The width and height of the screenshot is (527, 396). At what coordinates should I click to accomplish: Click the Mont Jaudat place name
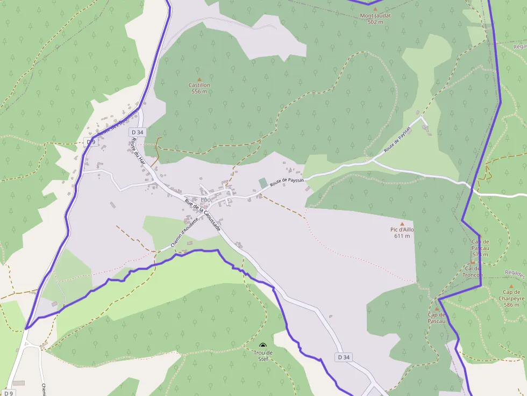point(375,16)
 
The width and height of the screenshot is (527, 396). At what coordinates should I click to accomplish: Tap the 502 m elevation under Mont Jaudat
point(375,22)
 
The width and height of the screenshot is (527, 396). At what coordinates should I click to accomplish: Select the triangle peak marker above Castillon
point(199,78)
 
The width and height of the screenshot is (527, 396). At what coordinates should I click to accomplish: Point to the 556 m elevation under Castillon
point(199,91)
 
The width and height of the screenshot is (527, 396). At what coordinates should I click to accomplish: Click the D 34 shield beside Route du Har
point(137,132)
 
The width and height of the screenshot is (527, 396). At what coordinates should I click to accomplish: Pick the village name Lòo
point(205,200)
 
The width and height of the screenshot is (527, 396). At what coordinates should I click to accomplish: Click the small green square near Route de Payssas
point(263,183)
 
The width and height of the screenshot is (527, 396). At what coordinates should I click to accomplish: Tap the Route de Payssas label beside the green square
point(287,183)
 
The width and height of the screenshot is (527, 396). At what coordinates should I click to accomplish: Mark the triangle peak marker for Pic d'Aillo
point(402,224)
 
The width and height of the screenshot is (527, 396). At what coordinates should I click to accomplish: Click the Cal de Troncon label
point(473,271)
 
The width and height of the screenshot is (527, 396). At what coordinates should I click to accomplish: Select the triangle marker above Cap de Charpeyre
point(511,286)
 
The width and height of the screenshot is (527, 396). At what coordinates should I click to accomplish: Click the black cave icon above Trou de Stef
point(262,346)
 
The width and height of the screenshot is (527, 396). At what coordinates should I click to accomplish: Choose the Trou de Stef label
point(263,356)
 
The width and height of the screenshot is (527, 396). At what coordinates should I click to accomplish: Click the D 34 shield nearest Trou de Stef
point(344,357)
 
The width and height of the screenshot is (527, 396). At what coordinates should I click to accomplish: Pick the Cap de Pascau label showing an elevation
point(480,248)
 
